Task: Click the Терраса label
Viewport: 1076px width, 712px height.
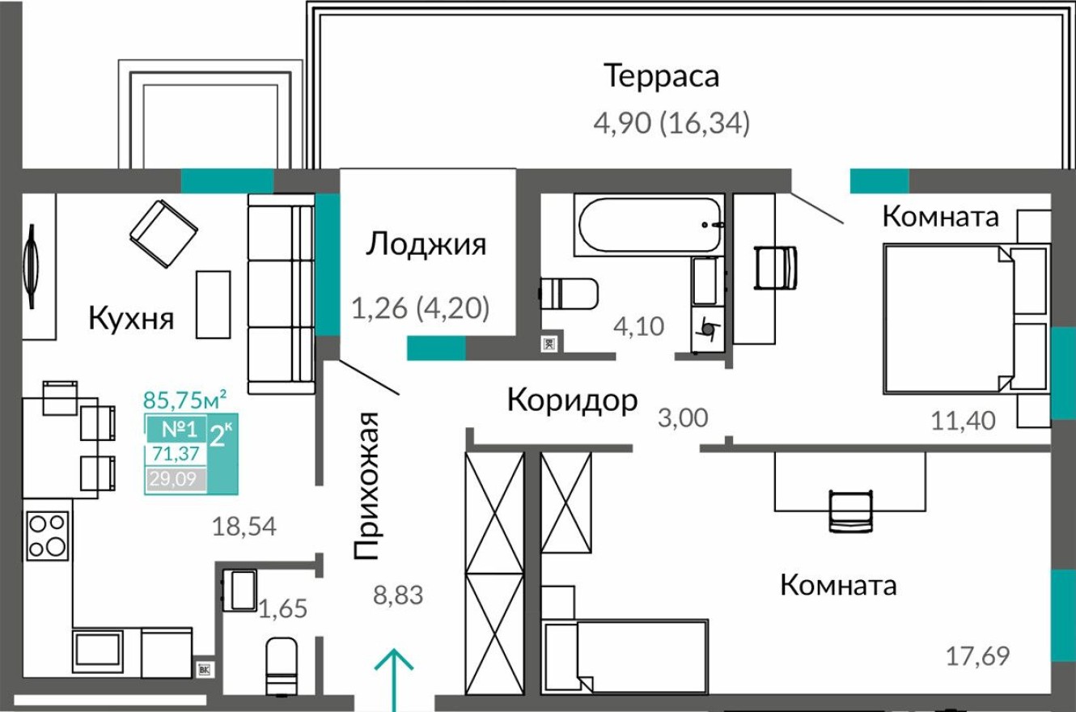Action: tap(661, 77)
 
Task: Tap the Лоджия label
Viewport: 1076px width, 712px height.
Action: tap(426, 244)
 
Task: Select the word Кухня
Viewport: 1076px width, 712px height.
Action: tap(131, 318)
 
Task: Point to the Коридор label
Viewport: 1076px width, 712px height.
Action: tap(572, 400)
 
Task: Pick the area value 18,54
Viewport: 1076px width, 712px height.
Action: tap(244, 528)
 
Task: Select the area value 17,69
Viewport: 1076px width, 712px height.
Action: tap(978, 655)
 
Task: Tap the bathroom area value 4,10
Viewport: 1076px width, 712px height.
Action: tap(639, 327)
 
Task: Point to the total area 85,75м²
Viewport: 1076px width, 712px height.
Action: tap(184, 399)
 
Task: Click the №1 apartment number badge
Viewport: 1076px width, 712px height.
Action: tap(174, 430)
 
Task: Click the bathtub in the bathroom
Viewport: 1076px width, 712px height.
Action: tap(650, 224)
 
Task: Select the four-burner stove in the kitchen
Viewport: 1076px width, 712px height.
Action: tap(47, 535)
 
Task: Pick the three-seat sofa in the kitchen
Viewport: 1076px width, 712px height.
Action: tap(281, 294)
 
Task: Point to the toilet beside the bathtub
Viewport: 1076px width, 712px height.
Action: tap(568, 294)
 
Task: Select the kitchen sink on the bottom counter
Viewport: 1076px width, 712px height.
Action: tap(98, 648)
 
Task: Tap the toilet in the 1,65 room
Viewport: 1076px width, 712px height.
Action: tap(281, 665)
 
